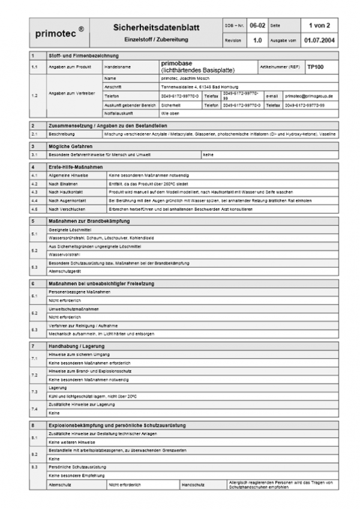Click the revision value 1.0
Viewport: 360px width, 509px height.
pos(256,41)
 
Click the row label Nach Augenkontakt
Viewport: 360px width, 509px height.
pos(67,200)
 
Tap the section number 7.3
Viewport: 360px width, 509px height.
pos(34,392)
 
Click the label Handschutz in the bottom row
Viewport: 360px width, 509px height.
pos(193,483)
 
